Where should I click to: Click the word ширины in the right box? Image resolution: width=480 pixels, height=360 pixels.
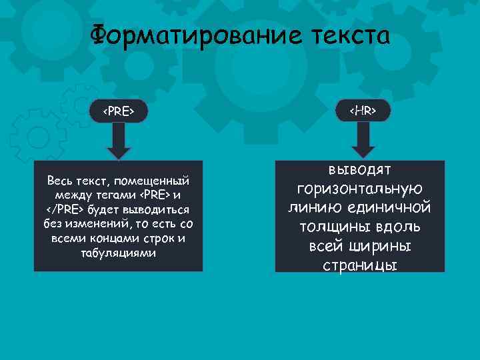[379, 247]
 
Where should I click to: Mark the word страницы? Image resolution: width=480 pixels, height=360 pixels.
[360, 265]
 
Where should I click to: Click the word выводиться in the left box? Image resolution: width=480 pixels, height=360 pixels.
[157, 210]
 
